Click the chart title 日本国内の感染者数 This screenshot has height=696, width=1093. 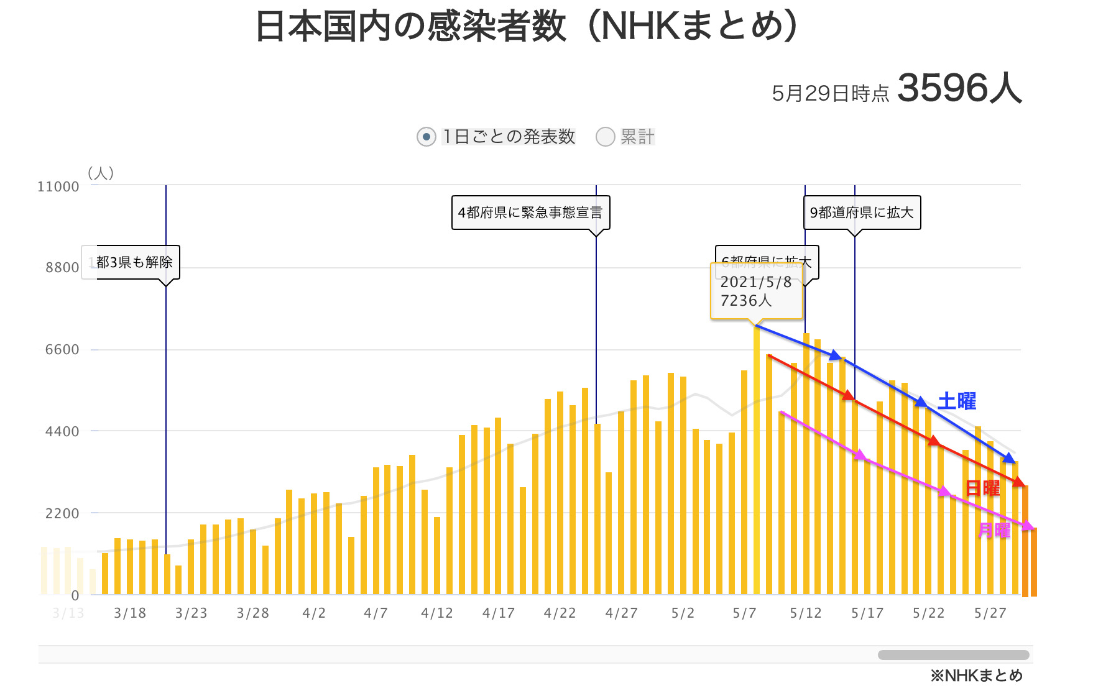click(x=410, y=27)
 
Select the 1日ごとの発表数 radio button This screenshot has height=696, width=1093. click(x=426, y=137)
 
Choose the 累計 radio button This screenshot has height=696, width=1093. click(x=605, y=137)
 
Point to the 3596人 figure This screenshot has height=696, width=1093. click(x=959, y=88)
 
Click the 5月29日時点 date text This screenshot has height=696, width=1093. click(x=830, y=93)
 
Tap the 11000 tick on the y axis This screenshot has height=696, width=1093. click(x=58, y=186)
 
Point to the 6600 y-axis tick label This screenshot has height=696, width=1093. click(x=62, y=349)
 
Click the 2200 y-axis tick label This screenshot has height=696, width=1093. click(x=62, y=513)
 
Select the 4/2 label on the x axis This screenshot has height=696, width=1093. click(x=314, y=613)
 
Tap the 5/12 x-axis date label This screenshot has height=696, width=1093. click(x=806, y=613)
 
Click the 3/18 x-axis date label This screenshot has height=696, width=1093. click(x=130, y=613)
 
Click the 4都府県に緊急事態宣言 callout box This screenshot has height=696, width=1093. click(x=530, y=213)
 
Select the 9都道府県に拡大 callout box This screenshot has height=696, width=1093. click(x=862, y=213)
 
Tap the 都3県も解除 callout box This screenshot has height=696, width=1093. click(x=134, y=262)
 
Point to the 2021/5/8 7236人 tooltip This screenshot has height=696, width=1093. click(x=756, y=291)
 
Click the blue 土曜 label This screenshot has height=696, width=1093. click(x=956, y=401)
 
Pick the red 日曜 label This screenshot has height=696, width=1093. click(x=982, y=488)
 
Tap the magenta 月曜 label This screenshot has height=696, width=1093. click(x=994, y=530)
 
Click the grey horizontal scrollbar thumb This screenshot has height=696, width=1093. click(x=953, y=655)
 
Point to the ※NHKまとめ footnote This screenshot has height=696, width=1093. click(x=976, y=675)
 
